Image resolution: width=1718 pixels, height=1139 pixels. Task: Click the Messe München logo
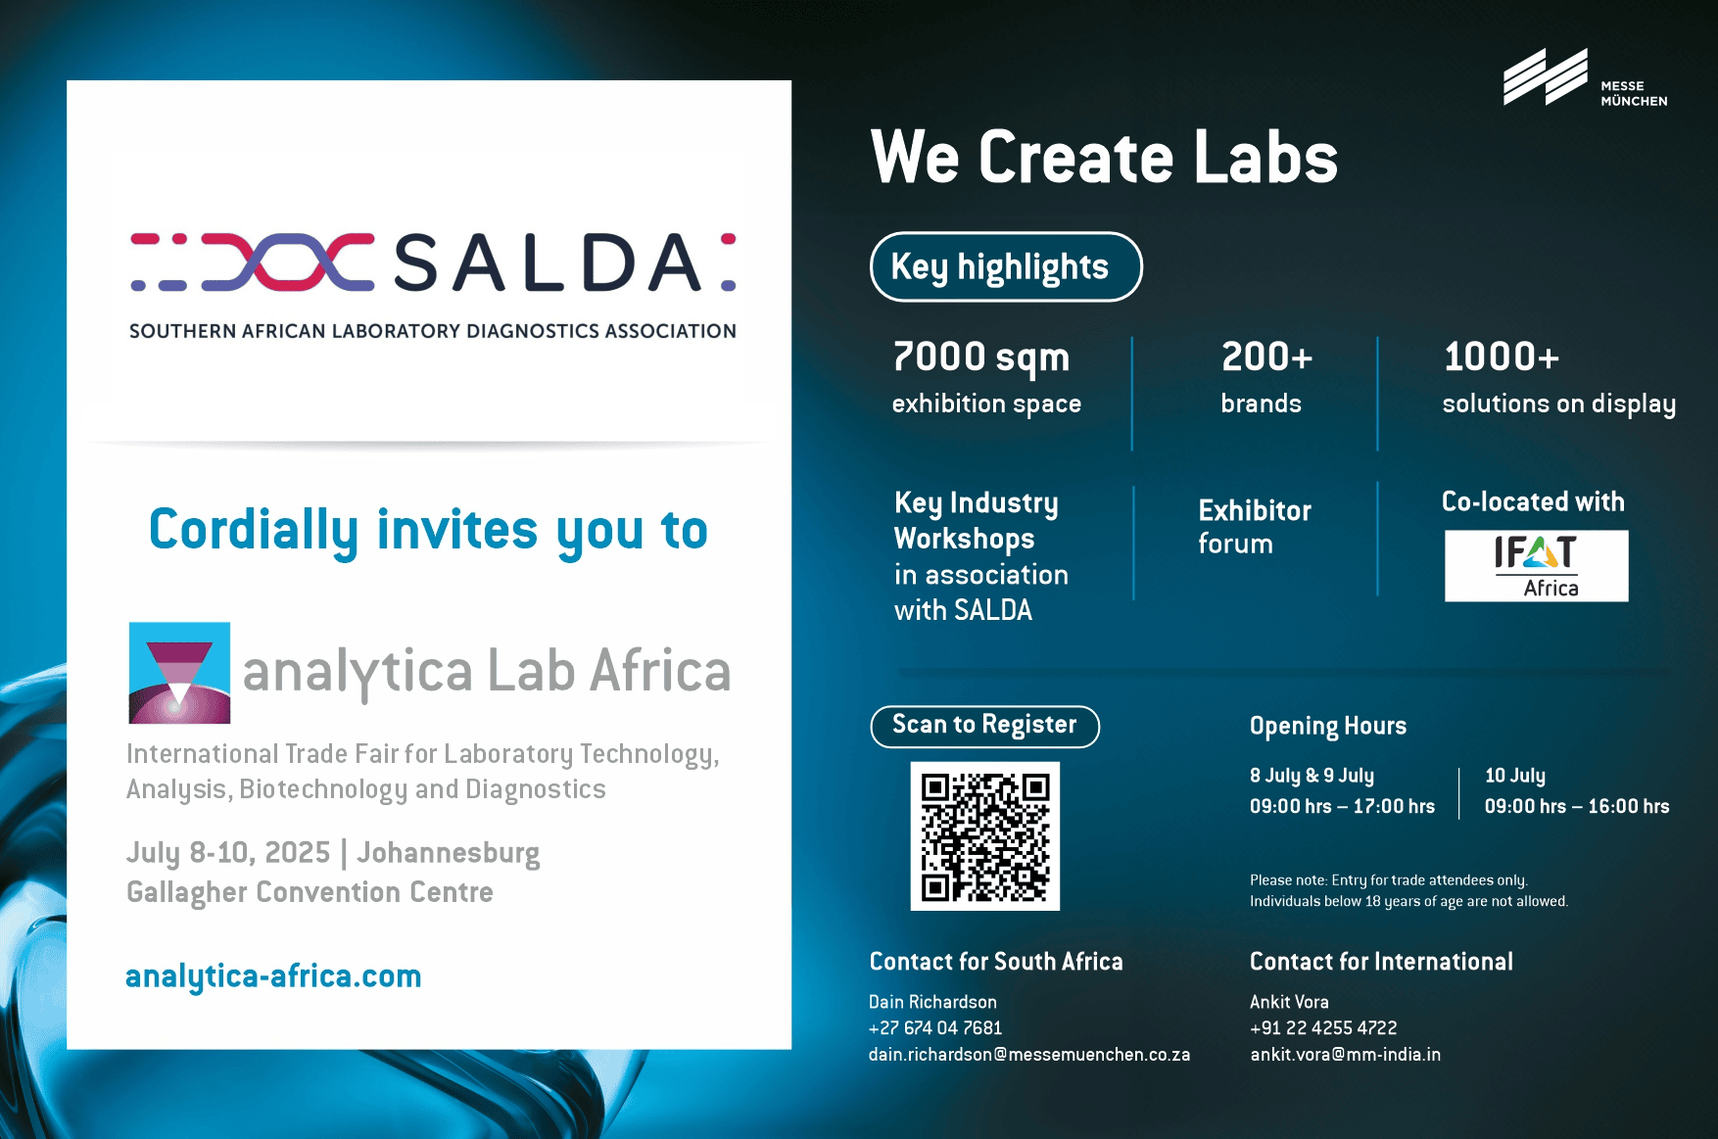[1585, 78]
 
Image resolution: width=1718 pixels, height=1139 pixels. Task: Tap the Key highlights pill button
[1006, 266]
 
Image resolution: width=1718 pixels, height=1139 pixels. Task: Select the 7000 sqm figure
[980, 357]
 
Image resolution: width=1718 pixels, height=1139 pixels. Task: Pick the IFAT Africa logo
[1536, 566]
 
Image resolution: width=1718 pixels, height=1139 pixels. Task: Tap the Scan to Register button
[984, 726]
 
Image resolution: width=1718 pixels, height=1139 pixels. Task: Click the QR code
[985, 836]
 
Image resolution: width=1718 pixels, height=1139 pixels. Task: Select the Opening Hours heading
[1328, 727]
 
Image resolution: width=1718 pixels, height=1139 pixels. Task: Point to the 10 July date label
[1515, 776]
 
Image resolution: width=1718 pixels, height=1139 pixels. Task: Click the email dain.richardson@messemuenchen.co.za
[1029, 1055]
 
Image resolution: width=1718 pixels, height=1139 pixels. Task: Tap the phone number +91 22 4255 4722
[1323, 1028]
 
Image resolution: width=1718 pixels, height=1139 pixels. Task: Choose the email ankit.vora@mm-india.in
[1345, 1055]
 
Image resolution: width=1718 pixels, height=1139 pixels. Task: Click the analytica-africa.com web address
[273, 976]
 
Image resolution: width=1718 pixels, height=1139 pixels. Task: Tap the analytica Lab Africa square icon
[180, 673]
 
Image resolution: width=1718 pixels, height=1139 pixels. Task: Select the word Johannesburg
[448, 853]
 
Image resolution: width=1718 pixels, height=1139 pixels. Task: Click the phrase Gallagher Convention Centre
[310, 893]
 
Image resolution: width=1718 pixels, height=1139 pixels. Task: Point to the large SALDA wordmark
[548, 263]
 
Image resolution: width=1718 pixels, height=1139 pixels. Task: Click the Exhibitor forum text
[1255, 527]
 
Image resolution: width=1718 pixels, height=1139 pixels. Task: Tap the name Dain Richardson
[932, 1002]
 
